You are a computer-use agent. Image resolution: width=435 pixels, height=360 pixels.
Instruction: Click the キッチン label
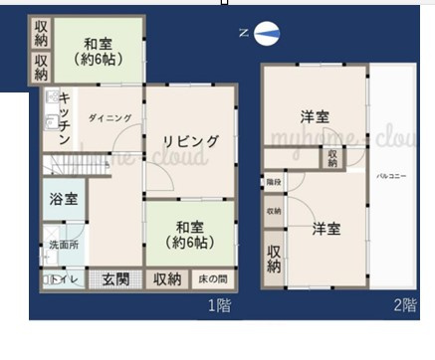[63, 118]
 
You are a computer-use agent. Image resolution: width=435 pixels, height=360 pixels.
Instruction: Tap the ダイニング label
[109, 118]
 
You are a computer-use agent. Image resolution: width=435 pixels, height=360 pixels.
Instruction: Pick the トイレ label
[62, 281]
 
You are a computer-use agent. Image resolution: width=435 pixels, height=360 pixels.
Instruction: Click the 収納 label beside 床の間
[166, 280]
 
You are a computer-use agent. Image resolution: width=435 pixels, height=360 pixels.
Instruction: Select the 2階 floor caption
[404, 306]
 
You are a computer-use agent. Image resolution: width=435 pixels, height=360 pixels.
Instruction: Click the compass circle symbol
[266, 36]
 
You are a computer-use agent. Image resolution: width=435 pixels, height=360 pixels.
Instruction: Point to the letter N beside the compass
[244, 33]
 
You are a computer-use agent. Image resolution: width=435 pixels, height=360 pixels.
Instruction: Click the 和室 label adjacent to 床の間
[190, 234]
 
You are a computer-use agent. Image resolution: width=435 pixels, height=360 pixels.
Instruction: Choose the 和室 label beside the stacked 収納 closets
[96, 50]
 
